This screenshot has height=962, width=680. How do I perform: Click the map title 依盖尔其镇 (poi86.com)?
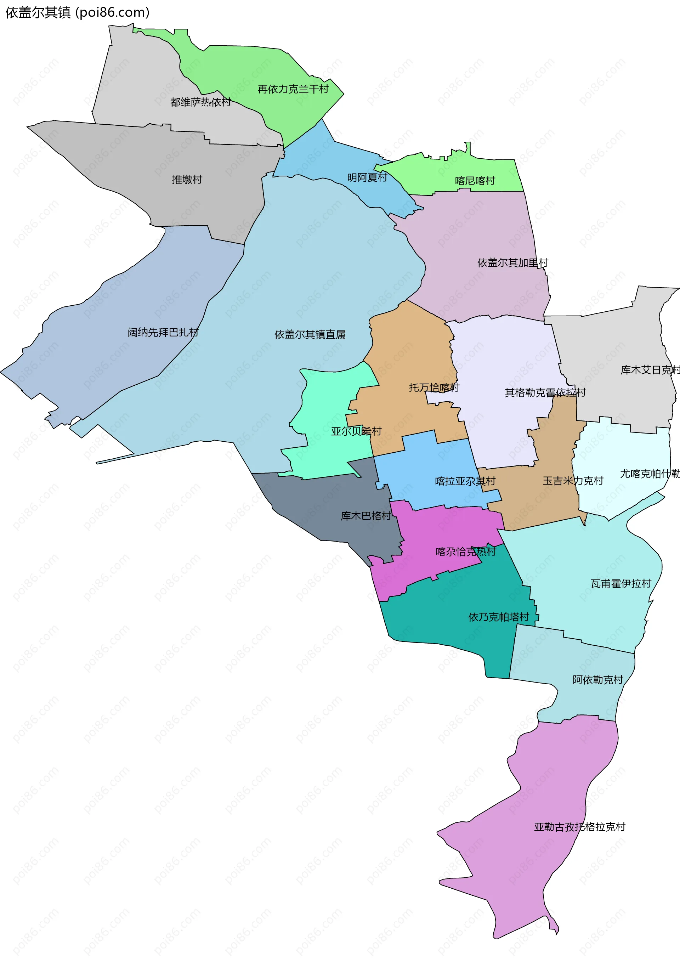(77, 12)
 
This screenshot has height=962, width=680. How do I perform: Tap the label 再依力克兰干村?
(293, 89)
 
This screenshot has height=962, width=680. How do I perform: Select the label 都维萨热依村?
(200, 102)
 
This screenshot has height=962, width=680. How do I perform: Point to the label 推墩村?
(187, 179)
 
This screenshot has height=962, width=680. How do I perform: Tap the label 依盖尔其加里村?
(512, 263)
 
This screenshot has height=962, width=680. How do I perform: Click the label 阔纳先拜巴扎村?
(163, 332)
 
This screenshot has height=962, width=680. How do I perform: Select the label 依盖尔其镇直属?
(310, 334)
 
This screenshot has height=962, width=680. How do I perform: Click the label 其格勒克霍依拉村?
(545, 392)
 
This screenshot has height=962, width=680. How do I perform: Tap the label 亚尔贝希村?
(356, 431)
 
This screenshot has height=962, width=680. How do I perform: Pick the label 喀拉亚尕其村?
(465, 481)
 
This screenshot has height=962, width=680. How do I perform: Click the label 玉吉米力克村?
(573, 481)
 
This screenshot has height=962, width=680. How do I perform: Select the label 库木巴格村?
(366, 516)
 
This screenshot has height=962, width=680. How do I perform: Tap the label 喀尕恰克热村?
(465, 551)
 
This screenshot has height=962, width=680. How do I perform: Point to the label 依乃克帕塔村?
(499, 617)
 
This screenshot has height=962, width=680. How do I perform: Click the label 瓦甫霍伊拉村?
(620, 584)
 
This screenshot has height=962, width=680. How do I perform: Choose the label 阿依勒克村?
(597, 680)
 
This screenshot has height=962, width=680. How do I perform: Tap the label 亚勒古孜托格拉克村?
(579, 827)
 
